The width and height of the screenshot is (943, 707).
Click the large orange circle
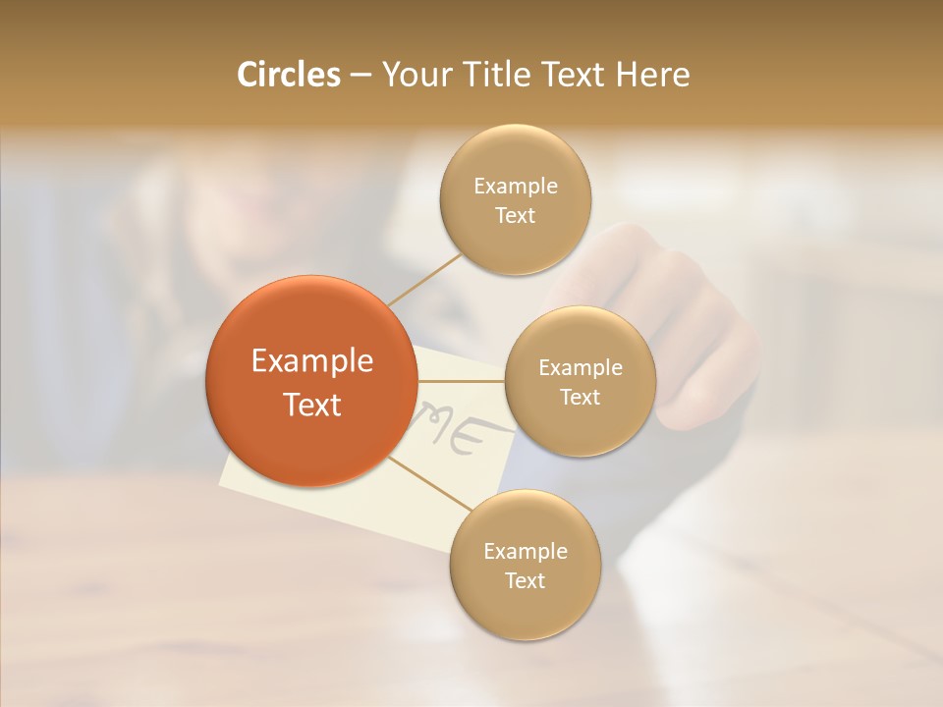[311, 381]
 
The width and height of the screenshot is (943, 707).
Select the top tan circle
[515, 199]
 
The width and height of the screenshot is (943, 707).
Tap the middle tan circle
[580, 381]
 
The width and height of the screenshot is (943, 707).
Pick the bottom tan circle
[525, 565]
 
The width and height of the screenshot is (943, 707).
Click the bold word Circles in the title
[288, 75]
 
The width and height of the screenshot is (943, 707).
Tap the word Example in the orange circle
[312, 360]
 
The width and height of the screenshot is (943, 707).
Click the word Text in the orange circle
[312, 405]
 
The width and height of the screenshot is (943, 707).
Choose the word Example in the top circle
[516, 186]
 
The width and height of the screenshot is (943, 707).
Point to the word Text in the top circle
[515, 215]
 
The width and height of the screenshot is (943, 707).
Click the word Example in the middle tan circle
[581, 367]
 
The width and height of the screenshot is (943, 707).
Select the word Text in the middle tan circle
[580, 397]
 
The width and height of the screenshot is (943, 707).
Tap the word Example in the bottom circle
[526, 551]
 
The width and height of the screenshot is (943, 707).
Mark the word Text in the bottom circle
[525, 580]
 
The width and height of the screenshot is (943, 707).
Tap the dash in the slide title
[361, 76]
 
